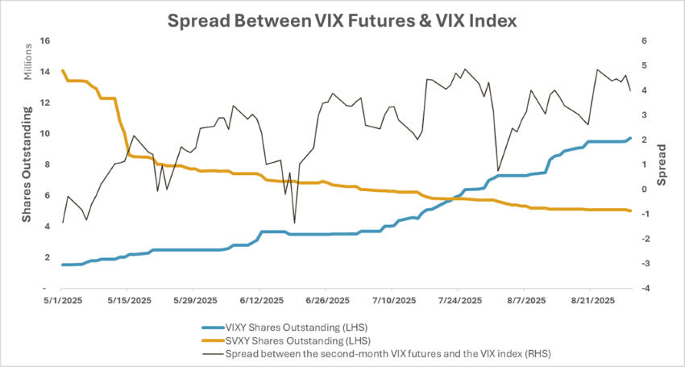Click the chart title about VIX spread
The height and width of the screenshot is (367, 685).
[x=342, y=19]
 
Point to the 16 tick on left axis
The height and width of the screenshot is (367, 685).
[x=45, y=40]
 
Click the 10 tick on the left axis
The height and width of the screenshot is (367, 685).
[x=45, y=133]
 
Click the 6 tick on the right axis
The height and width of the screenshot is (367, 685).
[x=645, y=40]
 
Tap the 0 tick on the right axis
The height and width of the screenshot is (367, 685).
[x=645, y=189]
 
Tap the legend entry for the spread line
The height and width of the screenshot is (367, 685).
[x=388, y=352]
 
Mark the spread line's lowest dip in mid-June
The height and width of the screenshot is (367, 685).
[x=294, y=223]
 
